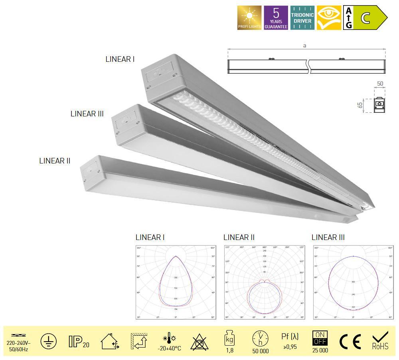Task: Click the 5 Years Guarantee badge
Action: (x=276, y=18)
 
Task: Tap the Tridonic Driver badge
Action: (x=302, y=18)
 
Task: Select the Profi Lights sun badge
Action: (x=249, y=18)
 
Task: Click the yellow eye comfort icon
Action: (x=329, y=18)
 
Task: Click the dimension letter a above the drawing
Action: (x=304, y=46)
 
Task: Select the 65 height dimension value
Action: (x=360, y=105)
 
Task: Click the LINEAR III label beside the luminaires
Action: (x=87, y=114)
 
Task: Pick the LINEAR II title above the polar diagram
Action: (x=239, y=238)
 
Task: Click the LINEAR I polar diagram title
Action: (x=150, y=238)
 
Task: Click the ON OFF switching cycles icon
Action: (x=320, y=338)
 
